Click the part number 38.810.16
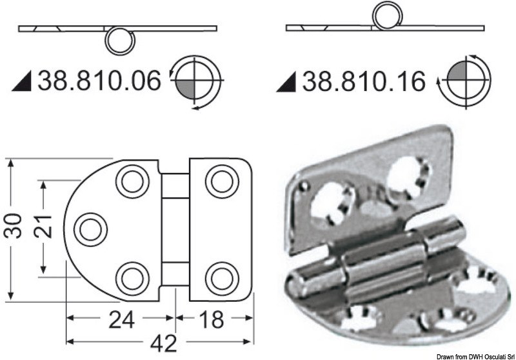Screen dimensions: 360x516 pyautogui.click(x=364, y=82)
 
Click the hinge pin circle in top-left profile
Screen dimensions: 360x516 pyautogui.click(x=119, y=41)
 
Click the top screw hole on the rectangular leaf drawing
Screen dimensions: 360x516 pyautogui.click(x=222, y=179)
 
